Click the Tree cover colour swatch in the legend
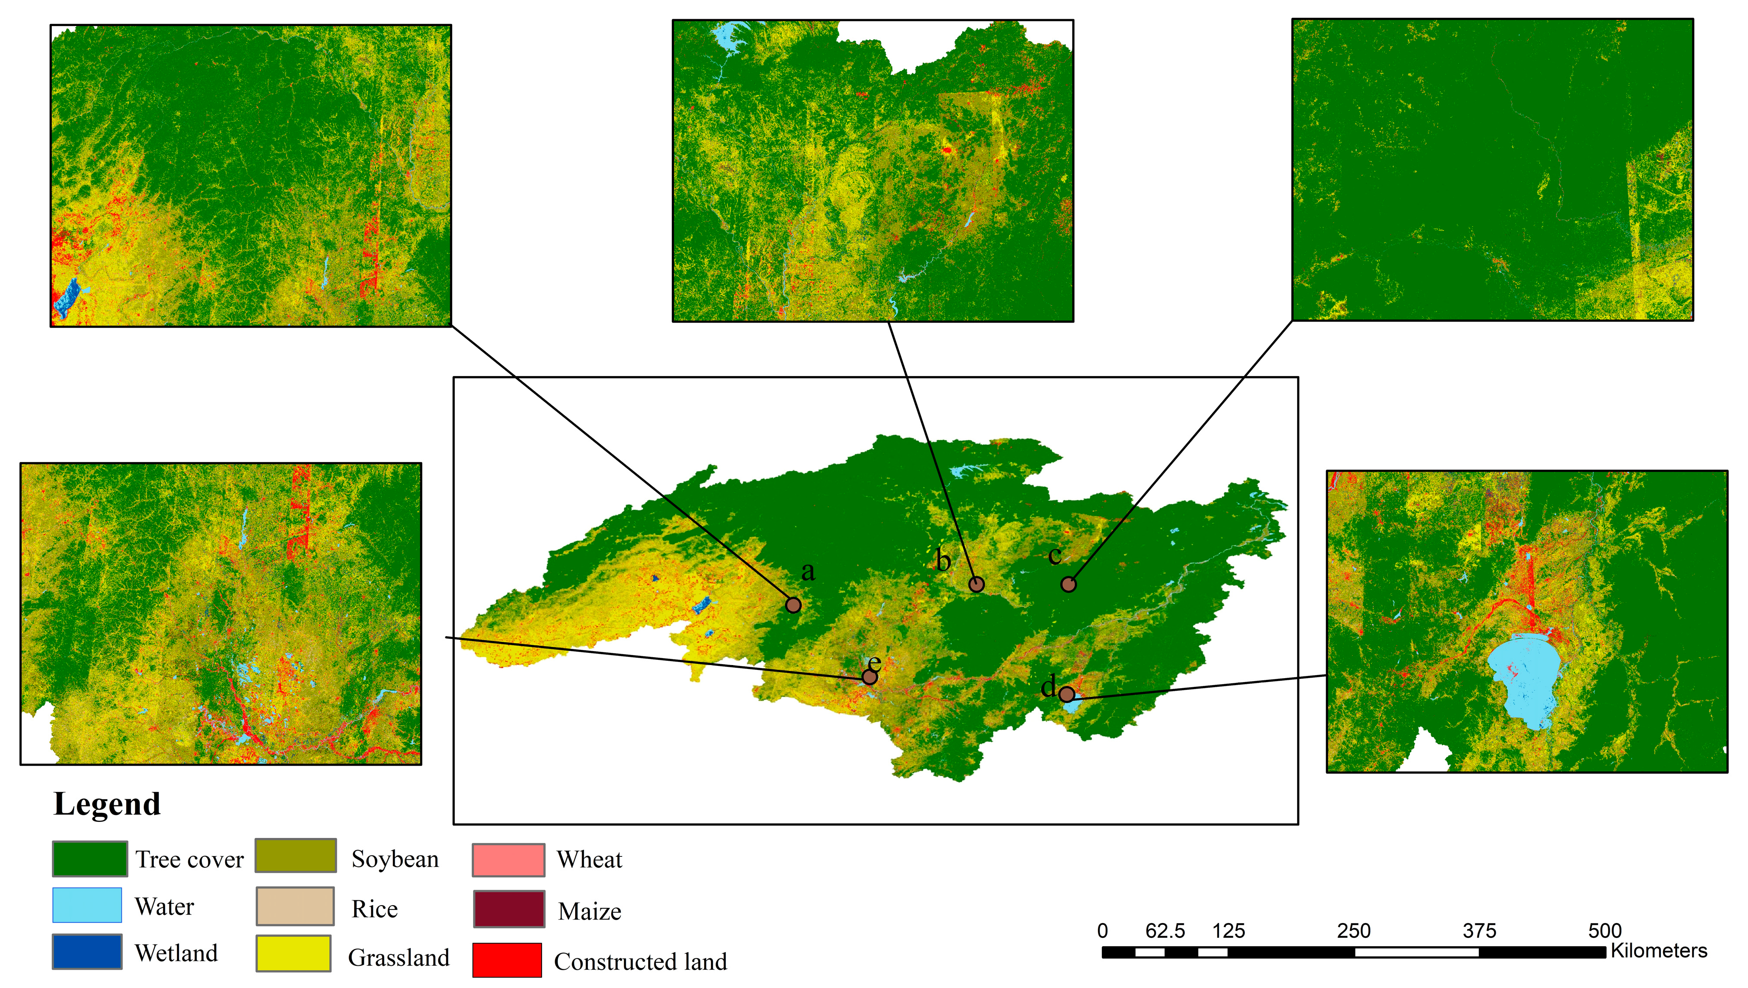coord(90,859)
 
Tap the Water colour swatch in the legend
coord(87,905)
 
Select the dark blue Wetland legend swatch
coord(87,951)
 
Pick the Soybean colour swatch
coord(295,856)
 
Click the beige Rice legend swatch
coord(295,906)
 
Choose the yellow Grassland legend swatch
coord(293,954)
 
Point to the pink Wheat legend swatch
coord(508,860)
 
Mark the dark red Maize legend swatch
coord(508,909)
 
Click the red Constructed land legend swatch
coord(507,960)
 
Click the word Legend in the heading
coord(107,804)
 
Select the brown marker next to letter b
coord(976,584)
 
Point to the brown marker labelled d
coord(1066,694)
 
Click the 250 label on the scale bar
coord(1353,930)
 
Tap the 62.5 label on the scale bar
coord(1165,930)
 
